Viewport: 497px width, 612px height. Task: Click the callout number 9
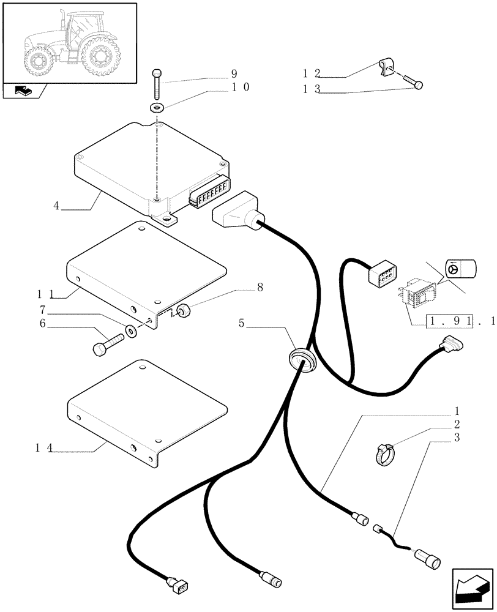[234, 74]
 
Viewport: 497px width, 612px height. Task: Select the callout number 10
[240, 88]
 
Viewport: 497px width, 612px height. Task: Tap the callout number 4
[56, 206]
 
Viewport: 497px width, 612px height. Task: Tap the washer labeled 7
[131, 332]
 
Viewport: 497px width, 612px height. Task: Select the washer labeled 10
[157, 108]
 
